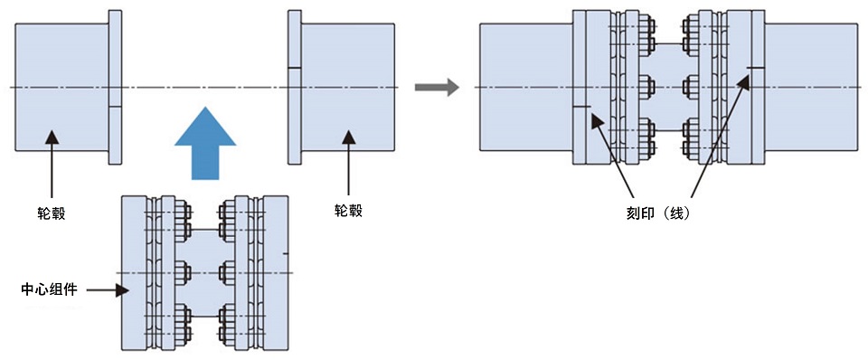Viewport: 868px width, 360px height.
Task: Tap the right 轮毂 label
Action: (349, 211)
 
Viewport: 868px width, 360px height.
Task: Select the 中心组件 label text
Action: (50, 290)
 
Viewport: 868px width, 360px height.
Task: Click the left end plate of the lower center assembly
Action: (130, 271)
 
